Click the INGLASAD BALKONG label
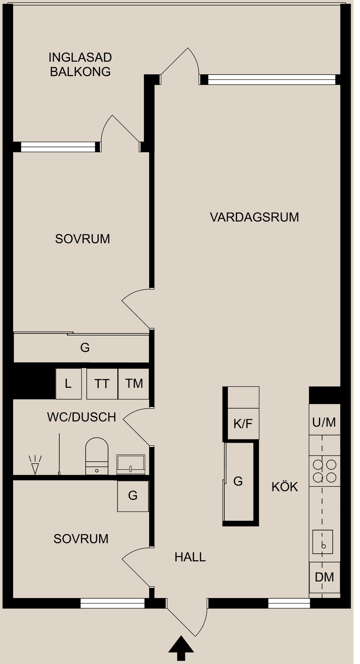(x=80, y=64)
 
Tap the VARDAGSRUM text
(x=254, y=217)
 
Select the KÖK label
(x=285, y=487)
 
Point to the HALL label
(x=190, y=557)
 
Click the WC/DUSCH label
(x=81, y=417)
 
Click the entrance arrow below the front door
(x=181, y=648)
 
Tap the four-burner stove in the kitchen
(x=325, y=471)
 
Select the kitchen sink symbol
(x=323, y=542)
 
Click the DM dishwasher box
(x=324, y=577)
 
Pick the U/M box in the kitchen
(x=324, y=422)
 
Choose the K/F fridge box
(x=243, y=424)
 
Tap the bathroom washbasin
(x=130, y=465)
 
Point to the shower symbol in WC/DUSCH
(x=35, y=465)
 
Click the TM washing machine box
(x=134, y=384)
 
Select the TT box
(x=102, y=384)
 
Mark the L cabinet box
(x=68, y=384)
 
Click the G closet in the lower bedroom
(x=133, y=496)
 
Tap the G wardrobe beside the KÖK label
(x=238, y=482)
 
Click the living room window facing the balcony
(x=271, y=79)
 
